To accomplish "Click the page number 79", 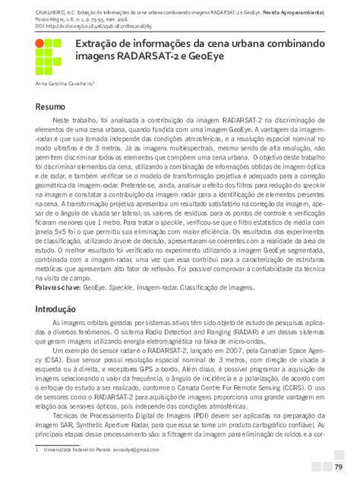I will pyautogui.click(x=339, y=465).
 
